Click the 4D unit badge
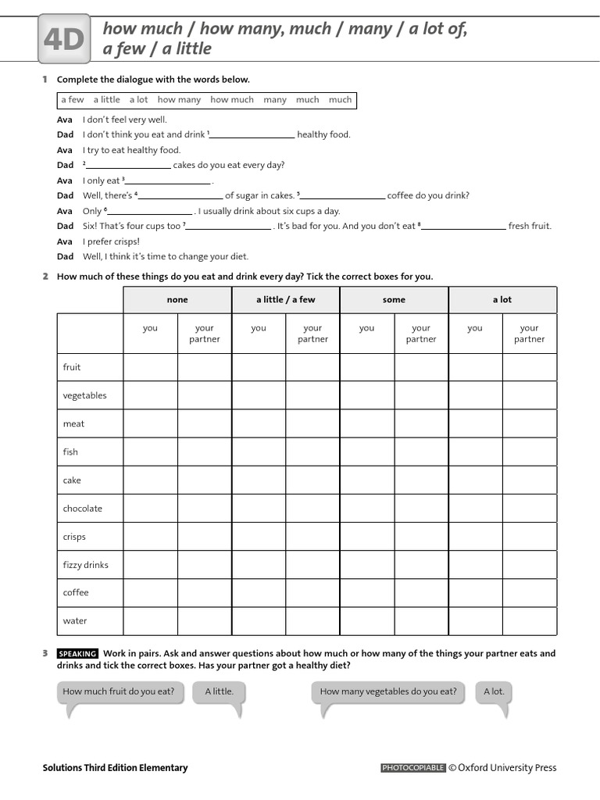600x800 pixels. coord(63,41)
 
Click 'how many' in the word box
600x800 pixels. coord(179,100)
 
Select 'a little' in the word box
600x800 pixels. coord(107,100)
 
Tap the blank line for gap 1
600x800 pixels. coord(252,136)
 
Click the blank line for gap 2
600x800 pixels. coord(128,166)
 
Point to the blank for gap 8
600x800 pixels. coord(464,227)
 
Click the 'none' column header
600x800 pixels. coord(177,300)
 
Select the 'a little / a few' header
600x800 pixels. coord(286,300)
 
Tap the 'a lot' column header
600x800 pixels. coord(502,300)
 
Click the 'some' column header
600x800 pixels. coord(394,300)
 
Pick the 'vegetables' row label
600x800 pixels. coord(84,395)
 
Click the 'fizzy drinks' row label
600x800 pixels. coord(86,565)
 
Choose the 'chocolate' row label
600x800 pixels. coord(83,509)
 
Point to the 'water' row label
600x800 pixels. coord(75,621)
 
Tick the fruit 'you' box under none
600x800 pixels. coord(150,367)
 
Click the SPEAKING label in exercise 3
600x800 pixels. coord(77,654)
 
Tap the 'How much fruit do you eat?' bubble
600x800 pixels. coord(119,691)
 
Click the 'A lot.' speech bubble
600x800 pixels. coord(494,691)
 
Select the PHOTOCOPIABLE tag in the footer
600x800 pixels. coord(413,768)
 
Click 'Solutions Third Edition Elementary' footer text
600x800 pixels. coord(115,768)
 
